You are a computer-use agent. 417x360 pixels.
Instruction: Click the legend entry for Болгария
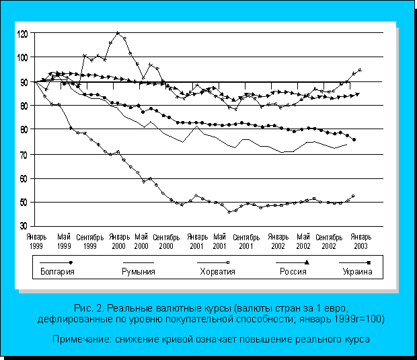coord(56,272)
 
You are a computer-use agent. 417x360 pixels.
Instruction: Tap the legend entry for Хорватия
coord(218,272)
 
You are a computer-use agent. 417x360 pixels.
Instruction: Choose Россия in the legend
coord(293,272)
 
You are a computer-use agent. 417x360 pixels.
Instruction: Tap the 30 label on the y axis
coord(24,226)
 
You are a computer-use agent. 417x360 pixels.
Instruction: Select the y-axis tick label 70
coord(24,154)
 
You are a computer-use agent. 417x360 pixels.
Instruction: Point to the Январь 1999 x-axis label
coord(36,240)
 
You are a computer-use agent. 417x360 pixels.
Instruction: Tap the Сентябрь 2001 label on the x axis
coord(245,242)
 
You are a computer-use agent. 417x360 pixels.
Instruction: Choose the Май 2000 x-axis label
coord(141,240)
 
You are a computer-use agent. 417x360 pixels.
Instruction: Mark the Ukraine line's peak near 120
coord(118,32)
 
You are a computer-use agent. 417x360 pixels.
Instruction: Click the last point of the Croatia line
coord(353,196)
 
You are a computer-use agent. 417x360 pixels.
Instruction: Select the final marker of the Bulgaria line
coord(354,139)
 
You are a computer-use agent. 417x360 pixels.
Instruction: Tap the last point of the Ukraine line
coord(361,69)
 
